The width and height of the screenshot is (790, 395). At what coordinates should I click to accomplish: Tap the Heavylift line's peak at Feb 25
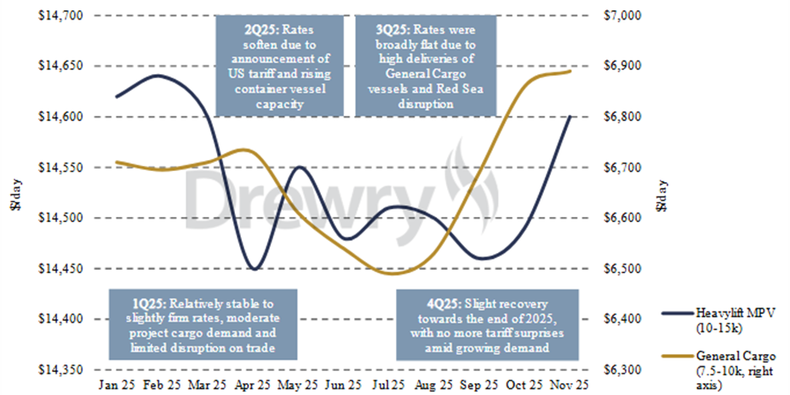click(158, 76)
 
